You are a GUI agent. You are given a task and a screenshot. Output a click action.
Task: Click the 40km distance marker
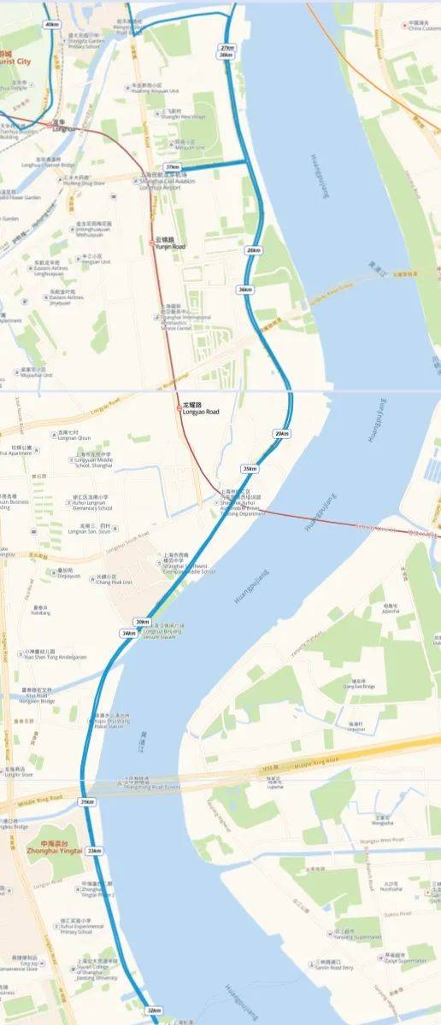tap(52, 25)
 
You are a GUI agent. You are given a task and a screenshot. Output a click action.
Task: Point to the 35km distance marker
tap(250, 468)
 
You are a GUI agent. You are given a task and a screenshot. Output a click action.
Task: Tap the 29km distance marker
tap(281, 434)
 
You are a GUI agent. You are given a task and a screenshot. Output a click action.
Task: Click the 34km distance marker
tap(128, 633)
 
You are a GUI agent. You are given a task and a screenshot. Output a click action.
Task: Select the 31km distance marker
tap(86, 802)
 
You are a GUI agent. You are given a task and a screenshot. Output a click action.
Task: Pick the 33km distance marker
tap(93, 851)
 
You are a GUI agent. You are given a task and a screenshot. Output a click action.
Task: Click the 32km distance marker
tap(153, 1010)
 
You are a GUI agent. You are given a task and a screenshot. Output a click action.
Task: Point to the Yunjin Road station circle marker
tap(152, 243)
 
